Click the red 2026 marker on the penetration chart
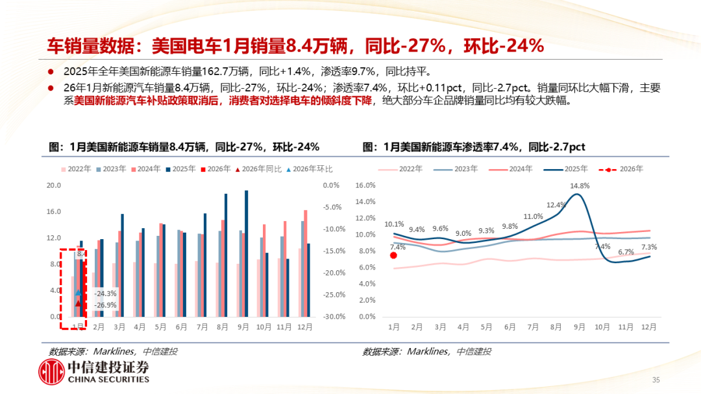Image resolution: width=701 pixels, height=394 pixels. (393, 255)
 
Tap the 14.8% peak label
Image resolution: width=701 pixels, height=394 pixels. (580, 186)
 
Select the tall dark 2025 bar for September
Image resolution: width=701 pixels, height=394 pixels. (246, 253)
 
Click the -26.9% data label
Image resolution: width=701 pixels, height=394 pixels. (105, 305)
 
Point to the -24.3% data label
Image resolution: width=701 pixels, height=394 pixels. (105, 294)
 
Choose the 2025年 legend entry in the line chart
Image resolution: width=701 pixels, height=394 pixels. (567, 169)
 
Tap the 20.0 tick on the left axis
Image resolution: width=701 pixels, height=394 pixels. (55, 185)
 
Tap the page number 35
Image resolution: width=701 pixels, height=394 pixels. (656, 380)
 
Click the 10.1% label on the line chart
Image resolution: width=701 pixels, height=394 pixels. (394, 225)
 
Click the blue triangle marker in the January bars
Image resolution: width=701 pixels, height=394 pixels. (79, 293)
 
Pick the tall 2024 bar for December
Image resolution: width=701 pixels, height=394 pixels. (306, 263)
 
